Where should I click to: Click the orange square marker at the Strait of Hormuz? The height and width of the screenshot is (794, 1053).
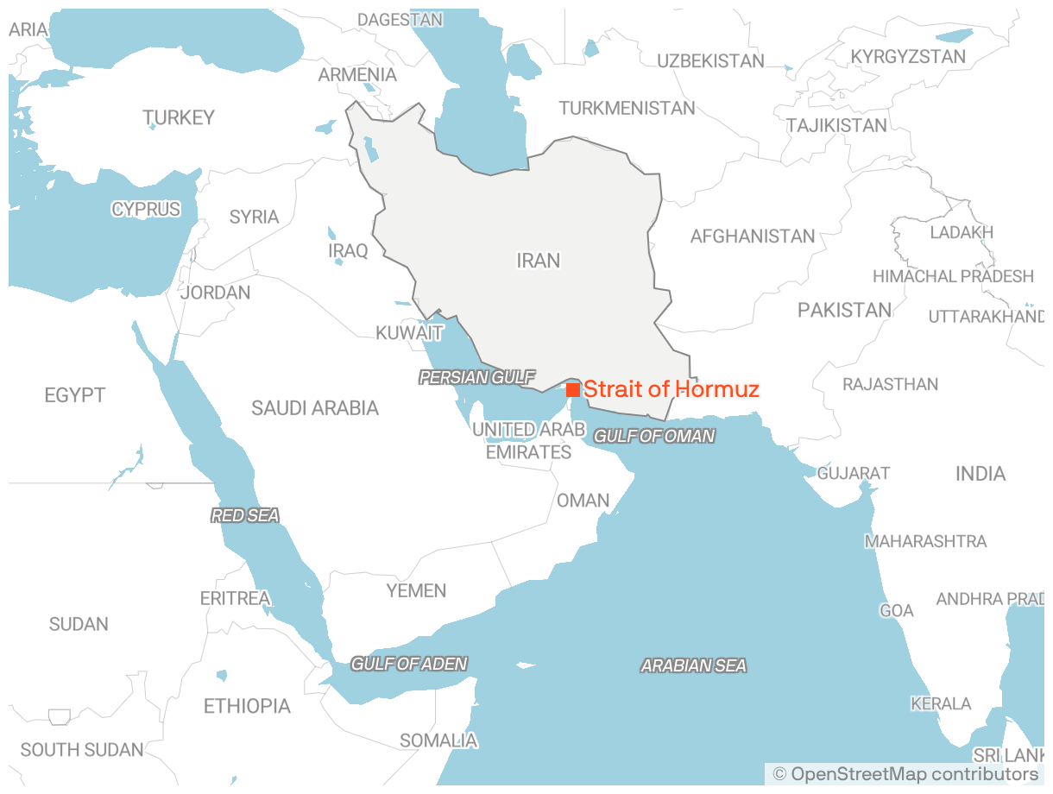[x=573, y=389]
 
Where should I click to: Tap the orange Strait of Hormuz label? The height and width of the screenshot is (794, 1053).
[x=672, y=389]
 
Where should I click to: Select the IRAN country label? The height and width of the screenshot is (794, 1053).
[x=539, y=261]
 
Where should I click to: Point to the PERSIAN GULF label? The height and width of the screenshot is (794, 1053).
[x=476, y=377]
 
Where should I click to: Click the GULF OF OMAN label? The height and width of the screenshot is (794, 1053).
[x=654, y=436]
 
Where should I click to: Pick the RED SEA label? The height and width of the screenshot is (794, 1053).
[x=246, y=515]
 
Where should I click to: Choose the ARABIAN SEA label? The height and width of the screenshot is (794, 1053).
[x=693, y=665]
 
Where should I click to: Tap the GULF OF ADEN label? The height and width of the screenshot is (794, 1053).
[x=409, y=664]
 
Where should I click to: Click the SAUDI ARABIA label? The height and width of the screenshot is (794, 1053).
[x=315, y=408]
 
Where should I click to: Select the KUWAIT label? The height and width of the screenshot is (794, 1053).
[x=409, y=333]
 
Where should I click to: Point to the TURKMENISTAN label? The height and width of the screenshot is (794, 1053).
[x=627, y=108]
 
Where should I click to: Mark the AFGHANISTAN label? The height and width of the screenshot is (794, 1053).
[x=753, y=236]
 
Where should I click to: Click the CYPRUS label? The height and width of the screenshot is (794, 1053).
[x=146, y=209]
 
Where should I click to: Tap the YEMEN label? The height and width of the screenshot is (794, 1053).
[x=416, y=591]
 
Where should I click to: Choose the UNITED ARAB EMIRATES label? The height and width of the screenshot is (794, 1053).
[x=528, y=440]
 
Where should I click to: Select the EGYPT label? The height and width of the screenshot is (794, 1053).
[x=75, y=395]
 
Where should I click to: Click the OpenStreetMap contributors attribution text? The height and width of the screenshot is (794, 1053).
[x=905, y=774]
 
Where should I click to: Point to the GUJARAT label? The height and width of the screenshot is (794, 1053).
[x=854, y=473]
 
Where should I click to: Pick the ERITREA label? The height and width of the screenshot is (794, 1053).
[x=235, y=598]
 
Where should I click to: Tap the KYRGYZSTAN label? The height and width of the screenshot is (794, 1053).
[x=908, y=57]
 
